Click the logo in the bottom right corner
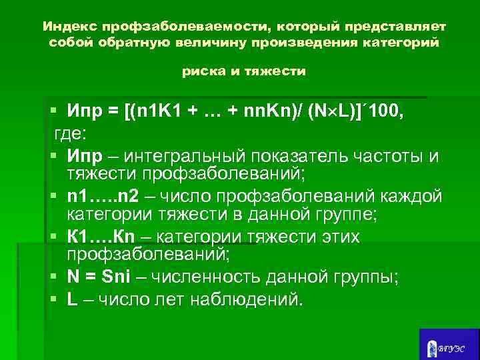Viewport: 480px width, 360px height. click(449, 344)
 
